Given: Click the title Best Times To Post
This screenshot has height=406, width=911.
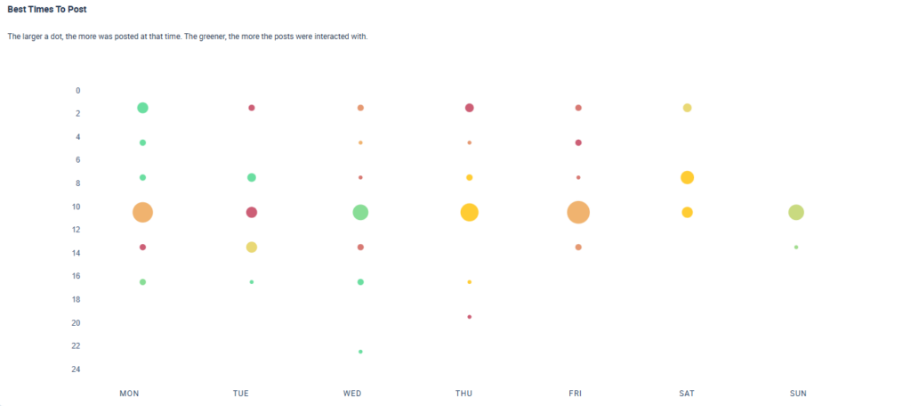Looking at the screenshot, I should click(x=48, y=9).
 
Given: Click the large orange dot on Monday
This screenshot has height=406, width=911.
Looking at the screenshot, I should click(x=142, y=212).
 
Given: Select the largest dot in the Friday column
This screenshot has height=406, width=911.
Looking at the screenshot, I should click(x=578, y=212).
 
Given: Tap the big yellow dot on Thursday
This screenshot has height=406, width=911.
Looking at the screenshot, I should click(x=469, y=212).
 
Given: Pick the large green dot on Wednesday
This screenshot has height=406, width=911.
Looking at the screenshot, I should click(x=360, y=212).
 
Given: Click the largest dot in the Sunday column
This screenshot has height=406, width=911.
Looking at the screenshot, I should click(x=796, y=212).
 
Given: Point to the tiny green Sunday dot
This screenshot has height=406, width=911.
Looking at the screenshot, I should click(x=796, y=247).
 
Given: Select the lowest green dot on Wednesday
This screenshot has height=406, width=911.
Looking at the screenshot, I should click(x=360, y=352).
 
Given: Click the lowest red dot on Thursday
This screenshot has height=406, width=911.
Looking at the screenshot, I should click(x=469, y=316).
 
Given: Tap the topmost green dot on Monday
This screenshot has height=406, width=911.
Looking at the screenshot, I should click(x=142, y=108).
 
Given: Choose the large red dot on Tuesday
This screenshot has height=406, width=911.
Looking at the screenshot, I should click(x=252, y=212).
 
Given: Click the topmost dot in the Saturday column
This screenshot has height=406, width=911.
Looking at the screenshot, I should click(x=687, y=108).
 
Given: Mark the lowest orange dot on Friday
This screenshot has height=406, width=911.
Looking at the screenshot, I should click(x=578, y=247).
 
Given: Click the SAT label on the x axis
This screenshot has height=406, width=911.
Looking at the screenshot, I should click(x=687, y=393).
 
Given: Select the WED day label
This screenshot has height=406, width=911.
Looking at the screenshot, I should click(x=351, y=393).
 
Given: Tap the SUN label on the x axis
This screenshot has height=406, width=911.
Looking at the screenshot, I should click(x=798, y=393).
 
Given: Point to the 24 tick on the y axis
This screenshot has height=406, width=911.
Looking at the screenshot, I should click(x=77, y=369).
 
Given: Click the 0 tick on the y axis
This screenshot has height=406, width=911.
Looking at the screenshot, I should click(x=78, y=91).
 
